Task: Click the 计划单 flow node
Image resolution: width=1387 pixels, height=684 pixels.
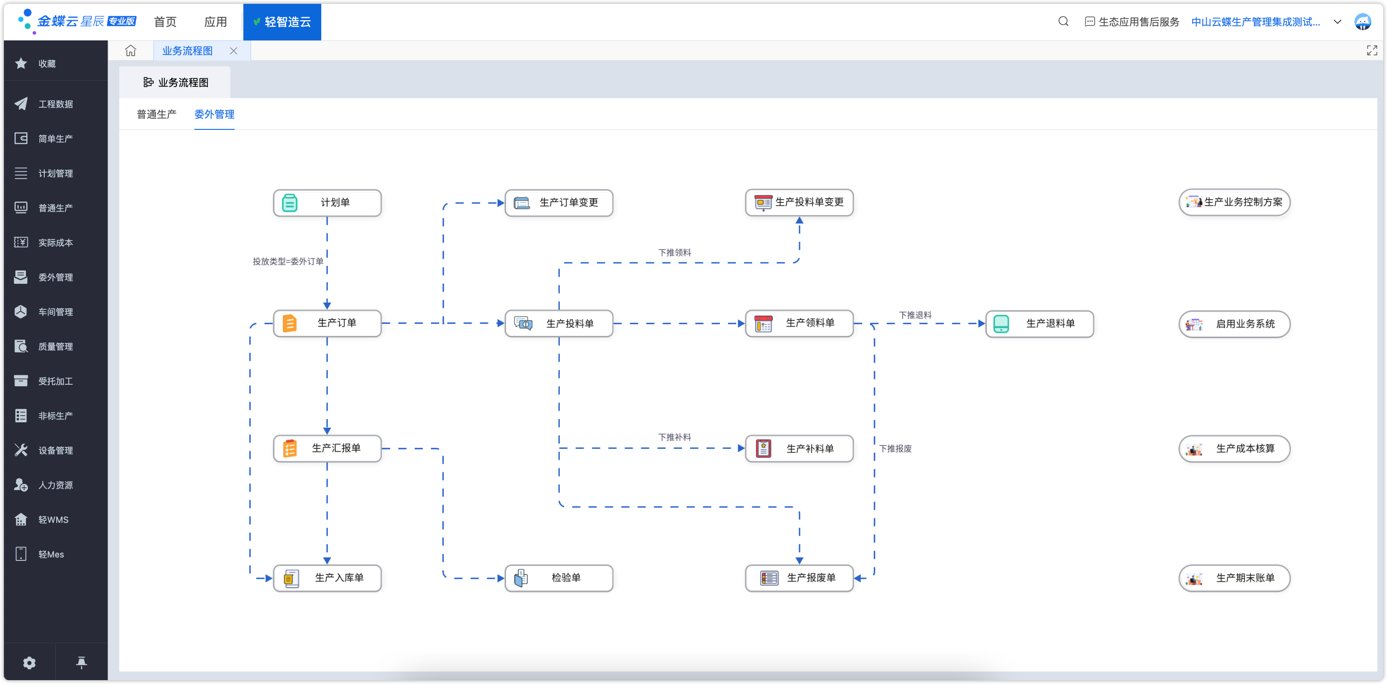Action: [x=328, y=203]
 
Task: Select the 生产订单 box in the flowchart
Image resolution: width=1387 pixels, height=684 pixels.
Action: [x=328, y=323]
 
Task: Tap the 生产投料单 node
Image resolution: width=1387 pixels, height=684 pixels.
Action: [x=559, y=323]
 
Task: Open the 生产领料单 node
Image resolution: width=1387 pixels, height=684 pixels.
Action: [x=799, y=323]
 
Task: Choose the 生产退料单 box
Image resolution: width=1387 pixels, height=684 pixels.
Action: [x=1039, y=323]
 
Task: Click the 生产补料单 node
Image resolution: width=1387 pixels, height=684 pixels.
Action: [x=799, y=448]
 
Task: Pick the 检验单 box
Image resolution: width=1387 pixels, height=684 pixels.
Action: [x=559, y=578]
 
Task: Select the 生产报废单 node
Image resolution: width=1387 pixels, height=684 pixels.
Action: [x=799, y=578]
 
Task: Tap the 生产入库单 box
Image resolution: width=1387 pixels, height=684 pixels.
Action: [x=328, y=578]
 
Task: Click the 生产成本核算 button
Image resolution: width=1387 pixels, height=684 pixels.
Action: [x=1234, y=448]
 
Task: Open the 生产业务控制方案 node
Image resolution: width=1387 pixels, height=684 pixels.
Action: [x=1234, y=202]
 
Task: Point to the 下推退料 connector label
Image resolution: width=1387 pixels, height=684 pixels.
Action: [x=915, y=315]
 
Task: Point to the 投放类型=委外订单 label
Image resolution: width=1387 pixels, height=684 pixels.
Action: [x=288, y=261]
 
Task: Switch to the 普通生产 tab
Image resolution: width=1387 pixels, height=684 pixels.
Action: [x=156, y=114]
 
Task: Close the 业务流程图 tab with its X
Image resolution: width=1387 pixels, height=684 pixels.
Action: [x=233, y=51]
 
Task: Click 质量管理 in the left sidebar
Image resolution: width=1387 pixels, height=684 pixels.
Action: [x=55, y=346]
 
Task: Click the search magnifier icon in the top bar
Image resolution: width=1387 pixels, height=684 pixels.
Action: [x=1063, y=22]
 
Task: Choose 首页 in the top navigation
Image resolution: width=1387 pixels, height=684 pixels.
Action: [x=165, y=22]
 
